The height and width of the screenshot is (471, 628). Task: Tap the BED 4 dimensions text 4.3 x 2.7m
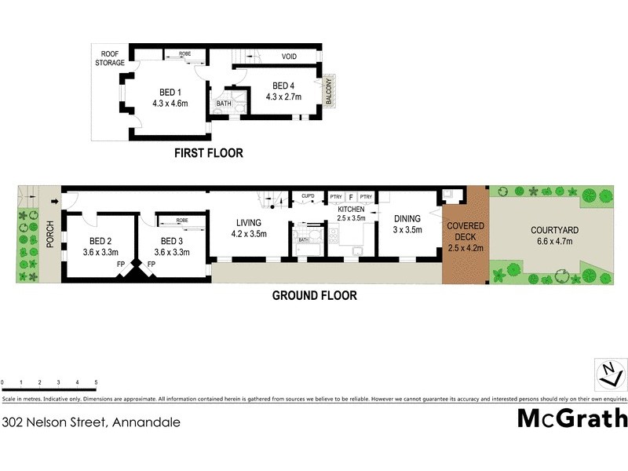tap(282, 97)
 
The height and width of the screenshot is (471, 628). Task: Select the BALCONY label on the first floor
tap(330, 93)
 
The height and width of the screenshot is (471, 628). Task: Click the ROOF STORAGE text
tap(111, 57)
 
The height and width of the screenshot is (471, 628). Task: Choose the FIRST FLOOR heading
tap(208, 153)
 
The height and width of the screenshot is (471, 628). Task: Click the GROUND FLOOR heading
tap(314, 296)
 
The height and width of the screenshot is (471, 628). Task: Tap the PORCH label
tap(50, 234)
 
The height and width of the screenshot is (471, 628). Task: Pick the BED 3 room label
tap(172, 241)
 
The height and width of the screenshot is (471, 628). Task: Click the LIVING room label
tap(249, 222)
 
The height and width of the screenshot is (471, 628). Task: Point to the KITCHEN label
tap(351, 210)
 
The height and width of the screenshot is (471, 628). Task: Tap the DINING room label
tap(407, 219)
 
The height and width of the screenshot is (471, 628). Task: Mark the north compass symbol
tap(607, 374)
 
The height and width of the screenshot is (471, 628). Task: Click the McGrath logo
tap(571, 418)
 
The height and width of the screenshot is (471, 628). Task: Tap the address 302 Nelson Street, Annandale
tap(91, 422)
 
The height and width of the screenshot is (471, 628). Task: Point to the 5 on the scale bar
tap(96, 382)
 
